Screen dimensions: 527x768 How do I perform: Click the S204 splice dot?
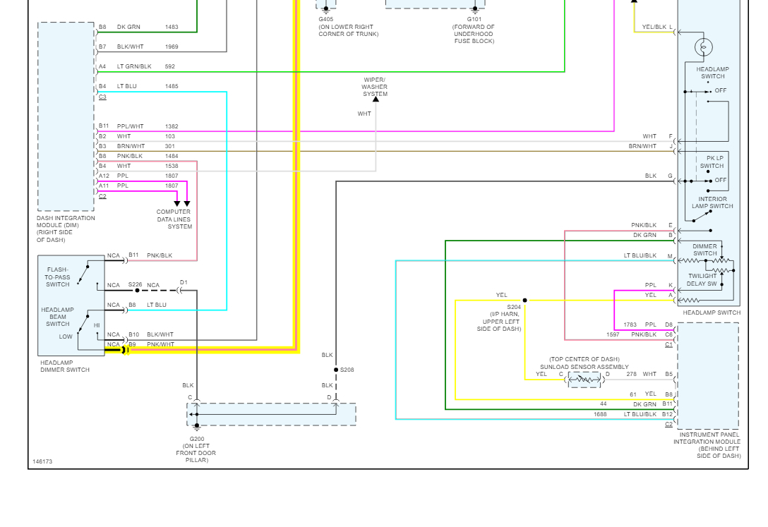pyautogui.click(x=524, y=301)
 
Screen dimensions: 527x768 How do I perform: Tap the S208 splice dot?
pyautogui.click(x=336, y=370)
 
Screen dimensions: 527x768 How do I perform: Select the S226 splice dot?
pyautogui.click(x=137, y=290)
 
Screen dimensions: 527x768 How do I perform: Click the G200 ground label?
pyautogui.click(x=196, y=439)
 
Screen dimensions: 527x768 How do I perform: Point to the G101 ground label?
pyautogui.click(x=474, y=20)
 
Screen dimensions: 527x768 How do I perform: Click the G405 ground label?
pyautogui.click(x=325, y=20)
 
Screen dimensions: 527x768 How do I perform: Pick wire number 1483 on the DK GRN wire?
pyautogui.click(x=172, y=27)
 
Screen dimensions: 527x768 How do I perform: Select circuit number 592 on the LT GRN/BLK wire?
pyautogui.click(x=169, y=66)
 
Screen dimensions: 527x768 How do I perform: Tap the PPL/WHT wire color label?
pyautogui.click(x=130, y=126)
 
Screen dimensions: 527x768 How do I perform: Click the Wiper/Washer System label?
pyautogui.click(x=376, y=87)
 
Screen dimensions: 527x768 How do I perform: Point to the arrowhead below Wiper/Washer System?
pyautogui.click(x=376, y=99)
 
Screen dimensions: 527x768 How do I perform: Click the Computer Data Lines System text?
pyautogui.click(x=174, y=219)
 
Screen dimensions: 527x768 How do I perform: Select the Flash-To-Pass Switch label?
pyautogui.click(x=58, y=277)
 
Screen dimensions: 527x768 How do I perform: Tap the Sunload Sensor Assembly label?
pyautogui.click(x=584, y=367)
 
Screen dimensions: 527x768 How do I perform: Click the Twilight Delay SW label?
pyautogui.click(x=702, y=280)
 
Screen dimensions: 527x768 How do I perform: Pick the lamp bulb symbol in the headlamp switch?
pyautogui.click(x=703, y=47)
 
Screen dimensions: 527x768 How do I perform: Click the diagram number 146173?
pyautogui.click(x=42, y=462)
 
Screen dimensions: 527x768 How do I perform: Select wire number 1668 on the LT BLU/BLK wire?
pyautogui.click(x=600, y=415)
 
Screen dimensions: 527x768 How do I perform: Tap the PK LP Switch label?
pyautogui.click(x=712, y=162)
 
